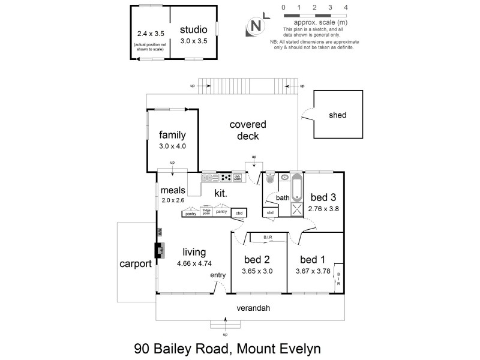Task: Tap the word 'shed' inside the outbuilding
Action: (x=337, y=115)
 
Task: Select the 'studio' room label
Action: (x=193, y=29)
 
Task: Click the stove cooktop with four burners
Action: (x=226, y=177)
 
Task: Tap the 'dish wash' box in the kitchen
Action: (x=237, y=177)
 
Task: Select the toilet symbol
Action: (x=270, y=177)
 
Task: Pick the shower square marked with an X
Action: (x=296, y=209)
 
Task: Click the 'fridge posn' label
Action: (x=206, y=212)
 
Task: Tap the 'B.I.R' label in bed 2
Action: (x=268, y=238)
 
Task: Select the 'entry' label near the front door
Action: (x=218, y=275)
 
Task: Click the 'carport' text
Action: (x=135, y=263)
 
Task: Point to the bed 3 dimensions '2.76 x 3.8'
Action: (x=324, y=209)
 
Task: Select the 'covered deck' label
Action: (x=248, y=130)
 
